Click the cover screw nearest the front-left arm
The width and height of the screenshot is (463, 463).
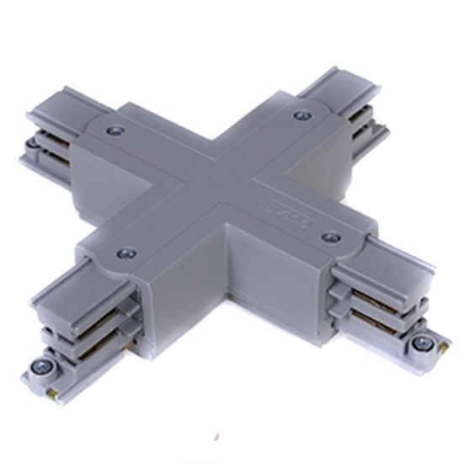126,250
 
